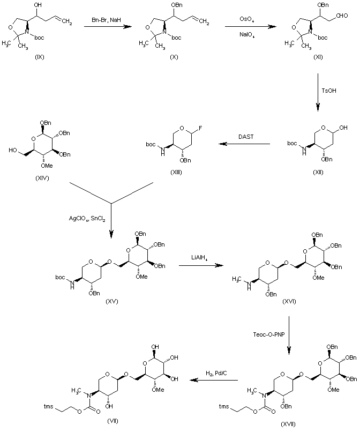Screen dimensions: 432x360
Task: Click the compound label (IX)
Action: (39, 57)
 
